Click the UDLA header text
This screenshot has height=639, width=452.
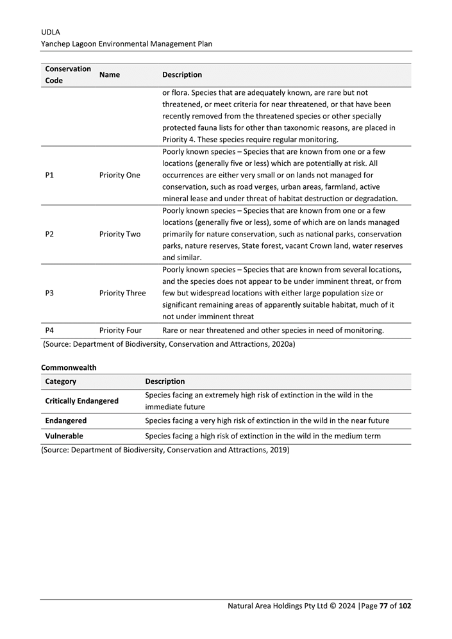pos(50,31)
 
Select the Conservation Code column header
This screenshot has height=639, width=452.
pos(67,75)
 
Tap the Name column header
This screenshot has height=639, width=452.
pos(110,75)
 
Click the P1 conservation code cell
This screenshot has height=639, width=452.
pos(50,175)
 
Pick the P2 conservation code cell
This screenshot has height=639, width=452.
pos(50,234)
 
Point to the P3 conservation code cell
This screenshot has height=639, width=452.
pos(50,293)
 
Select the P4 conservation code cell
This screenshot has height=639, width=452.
pos(50,331)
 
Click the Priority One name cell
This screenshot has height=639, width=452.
pos(119,175)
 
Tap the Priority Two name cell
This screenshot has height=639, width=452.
pos(120,234)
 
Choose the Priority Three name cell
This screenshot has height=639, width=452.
pos(122,293)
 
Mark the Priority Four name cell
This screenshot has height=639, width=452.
pos(121,331)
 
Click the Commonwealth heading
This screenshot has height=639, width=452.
pos(69,368)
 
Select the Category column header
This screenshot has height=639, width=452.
pos(61,381)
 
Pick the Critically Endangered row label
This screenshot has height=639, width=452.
pos(81,401)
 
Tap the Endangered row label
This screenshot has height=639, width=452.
pos(65,421)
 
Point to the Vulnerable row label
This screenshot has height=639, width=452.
pos(64,436)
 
